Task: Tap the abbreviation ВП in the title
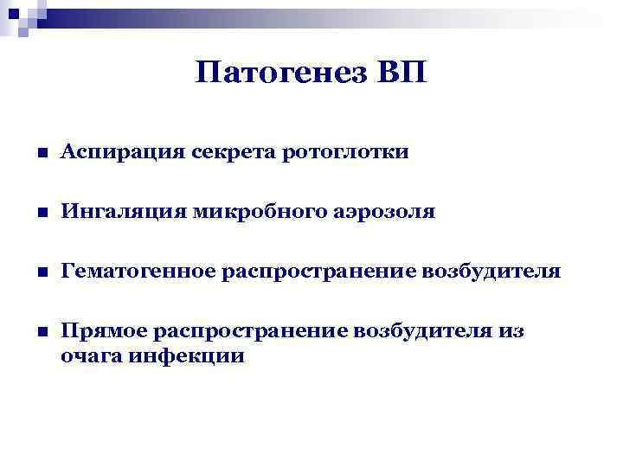[400, 73]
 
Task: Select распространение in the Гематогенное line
[319, 272]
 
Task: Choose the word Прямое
[100, 332]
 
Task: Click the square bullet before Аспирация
[40, 154]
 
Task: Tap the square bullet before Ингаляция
[40, 214]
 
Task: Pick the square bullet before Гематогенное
[40, 273]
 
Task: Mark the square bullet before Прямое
[40, 333]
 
